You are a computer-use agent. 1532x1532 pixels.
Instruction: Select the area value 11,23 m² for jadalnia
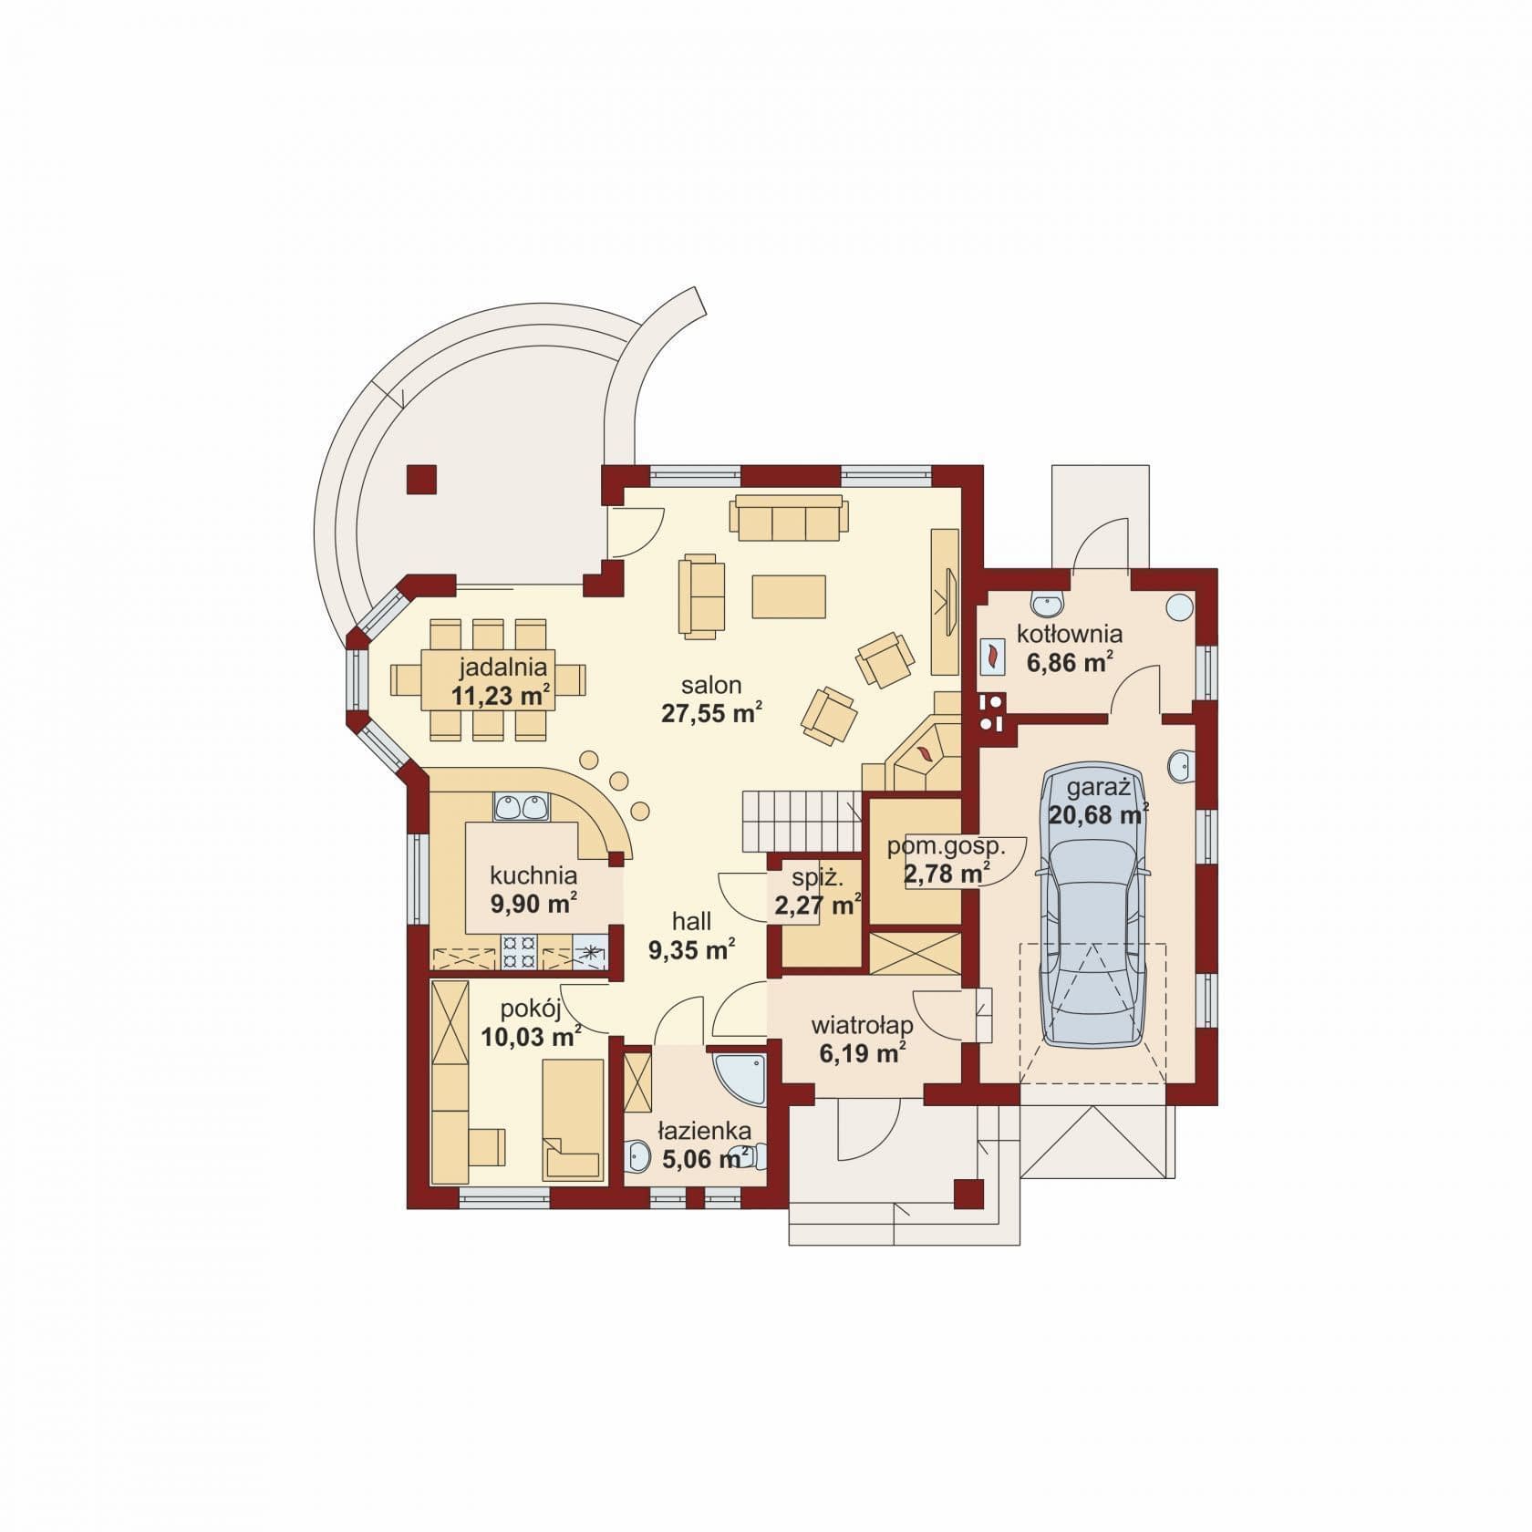pos(501,697)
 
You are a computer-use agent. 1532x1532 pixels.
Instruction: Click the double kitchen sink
pos(521,807)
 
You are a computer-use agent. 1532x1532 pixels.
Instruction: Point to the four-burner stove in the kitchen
pos(521,951)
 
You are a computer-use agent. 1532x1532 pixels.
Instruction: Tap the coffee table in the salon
pos(789,596)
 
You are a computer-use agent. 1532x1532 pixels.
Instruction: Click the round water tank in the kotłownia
pos(1180,606)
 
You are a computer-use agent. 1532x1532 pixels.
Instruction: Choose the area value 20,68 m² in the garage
pos(1098,814)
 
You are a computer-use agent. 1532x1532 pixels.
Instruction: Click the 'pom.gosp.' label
pos(946,847)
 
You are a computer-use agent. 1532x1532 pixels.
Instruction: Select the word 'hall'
pos(692,920)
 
